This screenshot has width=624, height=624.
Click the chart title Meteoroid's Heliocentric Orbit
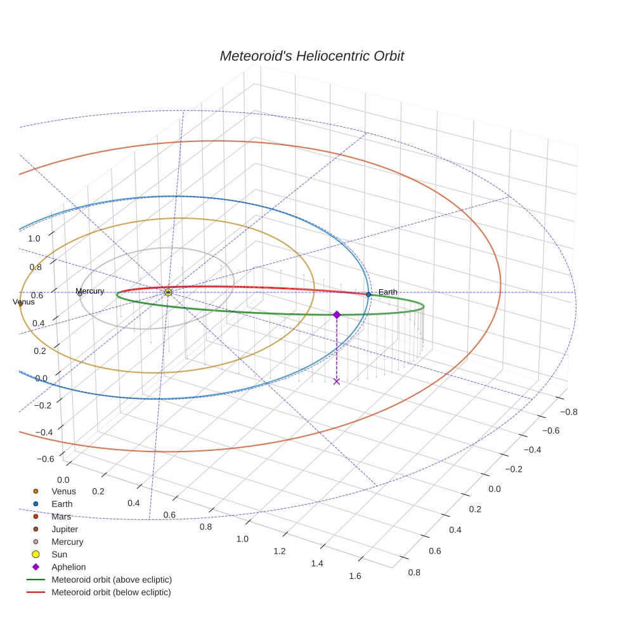(311, 56)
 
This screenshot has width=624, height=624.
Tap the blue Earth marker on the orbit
(368, 294)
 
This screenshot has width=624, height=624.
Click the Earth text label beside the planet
(387, 292)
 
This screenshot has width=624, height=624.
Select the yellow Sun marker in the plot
(168, 292)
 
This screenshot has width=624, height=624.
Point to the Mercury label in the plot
(89, 291)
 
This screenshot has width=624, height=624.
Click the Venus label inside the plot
(23, 302)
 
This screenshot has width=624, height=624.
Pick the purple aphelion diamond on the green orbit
(337, 315)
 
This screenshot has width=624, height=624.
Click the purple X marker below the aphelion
(337, 381)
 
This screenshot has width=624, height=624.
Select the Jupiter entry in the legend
(65, 529)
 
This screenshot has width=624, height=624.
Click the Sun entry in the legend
(59, 554)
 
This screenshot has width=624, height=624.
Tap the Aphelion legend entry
(68, 567)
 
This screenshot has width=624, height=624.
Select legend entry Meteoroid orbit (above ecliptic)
(111, 580)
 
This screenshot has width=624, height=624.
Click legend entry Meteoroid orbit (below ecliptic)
(111, 592)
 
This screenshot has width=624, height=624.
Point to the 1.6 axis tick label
(354, 576)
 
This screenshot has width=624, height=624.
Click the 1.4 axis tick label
(317, 564)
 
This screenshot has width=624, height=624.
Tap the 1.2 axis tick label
(280, 551)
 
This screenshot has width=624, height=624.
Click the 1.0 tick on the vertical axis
(34, 238)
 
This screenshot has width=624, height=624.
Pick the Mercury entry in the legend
(67, 542)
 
